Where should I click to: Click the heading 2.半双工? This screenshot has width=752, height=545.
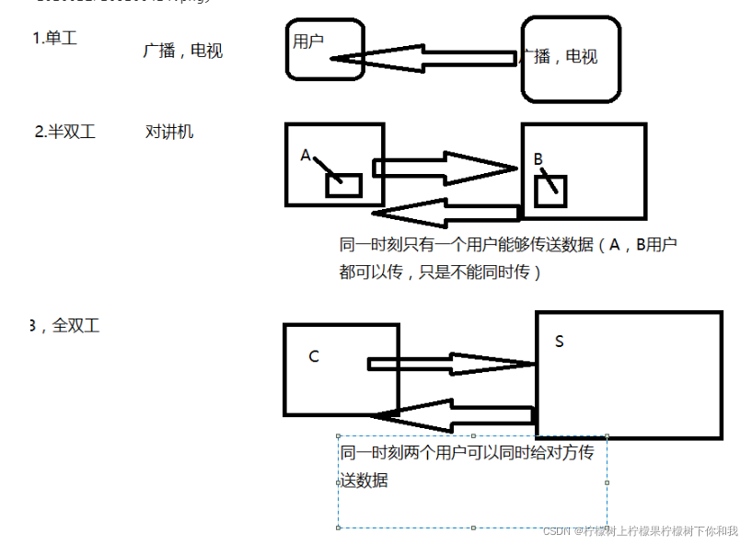(x=64, y=132)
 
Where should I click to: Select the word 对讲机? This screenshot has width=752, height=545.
(x=169, y=132)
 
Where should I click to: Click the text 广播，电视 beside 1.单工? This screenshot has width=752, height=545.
(x=182, y=52)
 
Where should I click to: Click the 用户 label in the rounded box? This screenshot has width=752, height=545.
(x=308, y=41)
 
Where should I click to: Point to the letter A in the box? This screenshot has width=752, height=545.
(x=306, y=156)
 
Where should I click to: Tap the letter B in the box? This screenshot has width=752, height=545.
(x=538, y=159)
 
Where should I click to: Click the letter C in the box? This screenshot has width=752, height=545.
(x=314, y=356)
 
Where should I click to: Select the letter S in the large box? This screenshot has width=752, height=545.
(x=560, y=342)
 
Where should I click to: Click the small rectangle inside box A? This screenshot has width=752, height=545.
(x=343, y=184)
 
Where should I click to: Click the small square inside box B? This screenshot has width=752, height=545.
(x=550, y=191)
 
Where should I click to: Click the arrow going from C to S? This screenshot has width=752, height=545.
(x=450, y=363)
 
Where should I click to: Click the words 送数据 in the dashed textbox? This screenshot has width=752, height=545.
(x=364, y=481)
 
